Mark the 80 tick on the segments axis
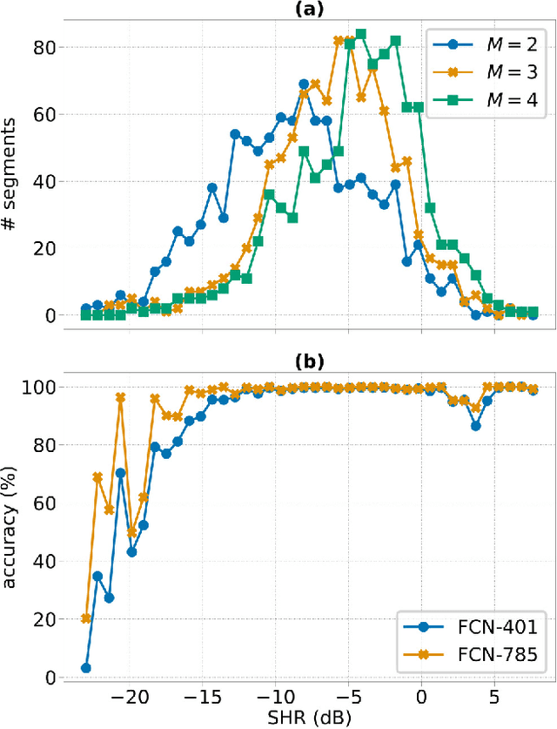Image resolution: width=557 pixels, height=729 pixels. pyautogui.click(x=44, y=47)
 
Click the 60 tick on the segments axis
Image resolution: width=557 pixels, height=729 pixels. pyautogui.click(x=44, y=114)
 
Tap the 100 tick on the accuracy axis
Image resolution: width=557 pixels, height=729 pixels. pyautogui.click(x=40, y=387)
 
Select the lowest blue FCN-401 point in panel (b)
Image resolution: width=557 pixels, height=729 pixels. pyautogui.click(x=85, y=668)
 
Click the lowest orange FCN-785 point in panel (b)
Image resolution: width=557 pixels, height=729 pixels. pyautogui.click(x=85, y=618)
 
